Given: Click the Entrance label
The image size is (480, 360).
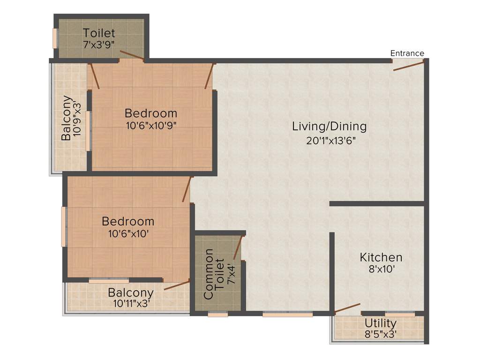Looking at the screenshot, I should click(x=407, y=53).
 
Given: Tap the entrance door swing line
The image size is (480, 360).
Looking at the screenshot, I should click(x=408, y=65).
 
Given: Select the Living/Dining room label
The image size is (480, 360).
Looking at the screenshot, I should click(x=329, y=126).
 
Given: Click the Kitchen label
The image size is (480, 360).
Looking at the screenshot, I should click(x=381, y=257).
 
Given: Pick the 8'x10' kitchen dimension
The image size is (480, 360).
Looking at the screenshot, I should click(x=381, y=270).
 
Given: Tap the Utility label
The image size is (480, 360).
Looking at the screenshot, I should click(x=381, y=323).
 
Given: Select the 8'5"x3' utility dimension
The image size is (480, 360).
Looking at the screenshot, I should click(x=381, y=334).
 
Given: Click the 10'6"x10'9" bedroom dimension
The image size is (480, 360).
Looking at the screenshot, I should click(x=150, y=125).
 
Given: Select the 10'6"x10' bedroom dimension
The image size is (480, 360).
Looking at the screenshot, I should click(x=128, y=233).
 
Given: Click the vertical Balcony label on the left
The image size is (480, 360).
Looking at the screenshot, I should click(x=67, y=118).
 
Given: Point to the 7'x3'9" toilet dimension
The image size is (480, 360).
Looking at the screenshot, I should click(x=99, y=45).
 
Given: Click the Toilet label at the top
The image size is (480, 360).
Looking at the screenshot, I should click(x=99, y=33).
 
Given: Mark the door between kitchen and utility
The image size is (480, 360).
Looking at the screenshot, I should click(x=347, y=308).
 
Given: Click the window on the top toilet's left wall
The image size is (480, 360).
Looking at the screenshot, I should click(x=55, y=38).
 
